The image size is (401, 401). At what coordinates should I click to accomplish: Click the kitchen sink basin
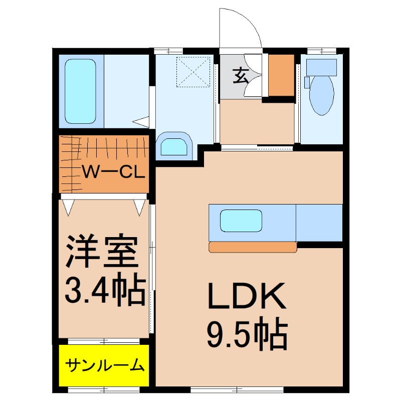[241, 220]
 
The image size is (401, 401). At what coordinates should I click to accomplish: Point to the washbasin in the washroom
[174, 146]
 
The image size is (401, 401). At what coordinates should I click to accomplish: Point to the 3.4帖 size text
[105, 290]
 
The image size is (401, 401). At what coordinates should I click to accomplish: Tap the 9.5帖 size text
[247, 333]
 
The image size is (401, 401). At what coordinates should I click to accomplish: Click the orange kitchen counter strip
[253, 247]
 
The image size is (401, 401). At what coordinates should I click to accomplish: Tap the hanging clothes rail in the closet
[105, 145]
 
